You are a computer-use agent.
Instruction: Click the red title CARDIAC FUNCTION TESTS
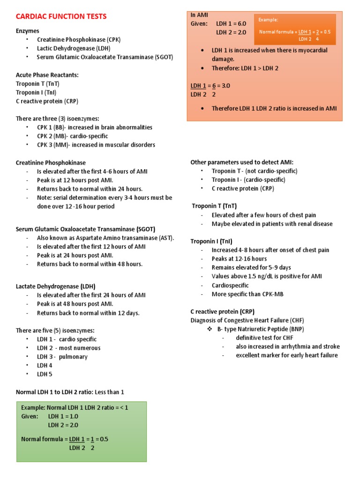pos(61,16)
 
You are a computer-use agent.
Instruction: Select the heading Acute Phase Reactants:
pos(47,75)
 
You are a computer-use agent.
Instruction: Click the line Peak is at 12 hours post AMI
pos(75,180)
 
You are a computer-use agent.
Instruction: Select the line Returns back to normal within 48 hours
pos(90,264)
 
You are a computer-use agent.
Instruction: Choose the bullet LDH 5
pos(45,374)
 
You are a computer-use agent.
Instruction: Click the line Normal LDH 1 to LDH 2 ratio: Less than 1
pos(70,392)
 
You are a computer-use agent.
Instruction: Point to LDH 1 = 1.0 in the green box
pos(63,416)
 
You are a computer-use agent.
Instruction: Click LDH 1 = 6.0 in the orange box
pos(231,23)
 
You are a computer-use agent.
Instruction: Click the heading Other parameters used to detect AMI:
pos(242,162)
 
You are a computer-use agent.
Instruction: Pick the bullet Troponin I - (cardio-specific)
pos(248,180)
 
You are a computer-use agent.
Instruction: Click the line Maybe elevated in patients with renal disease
pos(272,224)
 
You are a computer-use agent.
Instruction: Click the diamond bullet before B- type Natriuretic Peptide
pos(210,329)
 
